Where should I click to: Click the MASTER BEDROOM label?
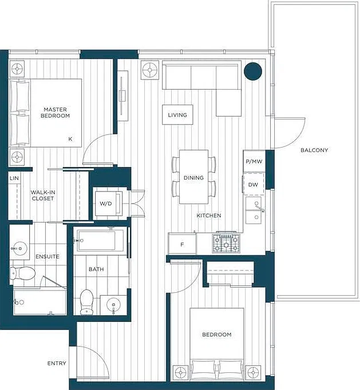pos(56,113)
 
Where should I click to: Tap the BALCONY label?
pos(314,150)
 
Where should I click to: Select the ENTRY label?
pos(57,363)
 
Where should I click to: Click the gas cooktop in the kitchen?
pos(226,243)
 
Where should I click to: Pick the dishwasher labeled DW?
pos(254,184)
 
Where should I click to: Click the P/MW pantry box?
pos(254,161)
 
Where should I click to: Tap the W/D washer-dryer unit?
pos(108,204)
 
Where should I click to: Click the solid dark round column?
pos(253,71)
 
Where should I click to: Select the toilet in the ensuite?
pos(22,273)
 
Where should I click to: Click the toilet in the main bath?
pos(86,302)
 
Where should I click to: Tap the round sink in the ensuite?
pos(20,248)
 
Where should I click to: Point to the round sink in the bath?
pos(113,304)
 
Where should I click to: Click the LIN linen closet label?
pos(14,178)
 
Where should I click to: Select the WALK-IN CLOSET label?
pos(43,195)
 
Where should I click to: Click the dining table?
pos(193,177)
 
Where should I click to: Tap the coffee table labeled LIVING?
pos(177,115)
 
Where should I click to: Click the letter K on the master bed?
pos(70,139)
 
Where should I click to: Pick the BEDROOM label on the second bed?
pos(217,335)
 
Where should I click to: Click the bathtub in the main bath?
pos(100,240)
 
